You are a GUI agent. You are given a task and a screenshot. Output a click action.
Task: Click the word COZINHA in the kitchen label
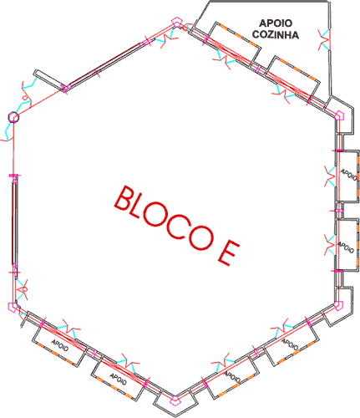[276, 35]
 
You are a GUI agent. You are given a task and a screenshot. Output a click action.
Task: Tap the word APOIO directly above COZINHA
[276, 23]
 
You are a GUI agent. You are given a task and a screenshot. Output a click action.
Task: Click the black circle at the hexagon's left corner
[13, 117]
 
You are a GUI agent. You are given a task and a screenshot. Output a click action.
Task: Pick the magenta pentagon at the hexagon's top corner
[176, 22]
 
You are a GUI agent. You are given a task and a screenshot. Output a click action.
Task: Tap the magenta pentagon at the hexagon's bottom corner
[175, 400]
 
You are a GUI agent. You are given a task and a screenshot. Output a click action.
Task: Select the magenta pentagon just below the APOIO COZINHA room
[339, 115]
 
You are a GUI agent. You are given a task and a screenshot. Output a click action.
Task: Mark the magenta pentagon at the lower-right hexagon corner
[338, 305]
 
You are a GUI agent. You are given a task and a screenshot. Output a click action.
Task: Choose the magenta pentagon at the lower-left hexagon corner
[13, 307]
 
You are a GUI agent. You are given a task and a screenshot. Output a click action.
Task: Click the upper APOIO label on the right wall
[348, 175]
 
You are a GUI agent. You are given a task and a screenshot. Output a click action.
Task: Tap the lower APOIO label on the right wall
[346, 247]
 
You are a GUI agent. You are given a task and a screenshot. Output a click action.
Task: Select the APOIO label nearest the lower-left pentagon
[60, 345]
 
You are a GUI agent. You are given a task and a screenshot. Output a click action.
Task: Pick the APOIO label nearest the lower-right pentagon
[290, 344]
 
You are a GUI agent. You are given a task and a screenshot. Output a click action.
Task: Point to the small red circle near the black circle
[25, 98]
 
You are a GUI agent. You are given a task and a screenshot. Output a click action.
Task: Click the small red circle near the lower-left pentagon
[24, 289]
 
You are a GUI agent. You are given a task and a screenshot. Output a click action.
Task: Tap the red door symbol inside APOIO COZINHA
[324, 39]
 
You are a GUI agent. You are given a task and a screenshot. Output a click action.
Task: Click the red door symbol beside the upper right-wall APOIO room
[331, 176]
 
